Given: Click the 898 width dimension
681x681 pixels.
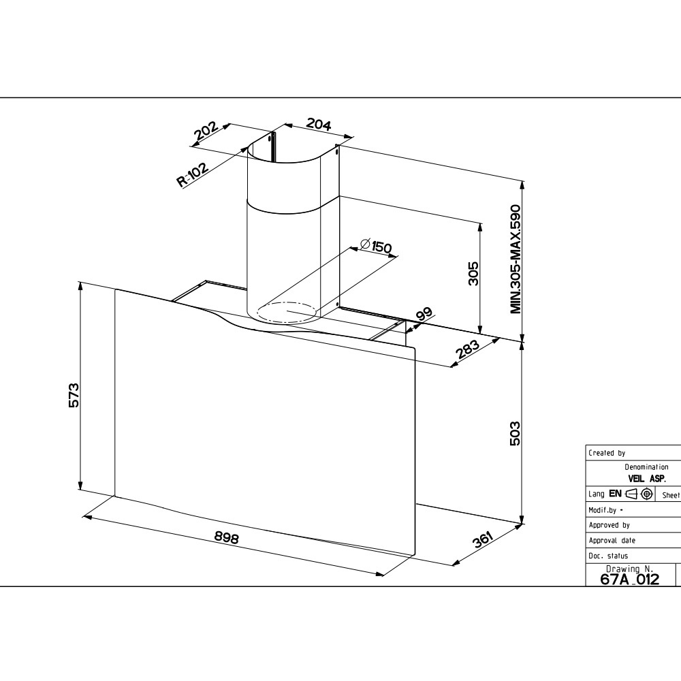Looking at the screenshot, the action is (227, 538).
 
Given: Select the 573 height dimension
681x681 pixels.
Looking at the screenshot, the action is (74, 395).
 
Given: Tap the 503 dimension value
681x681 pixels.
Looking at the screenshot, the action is (514, 433).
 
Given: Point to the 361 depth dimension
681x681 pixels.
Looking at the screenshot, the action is (483, 539).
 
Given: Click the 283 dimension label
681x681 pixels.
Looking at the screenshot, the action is (467, 349).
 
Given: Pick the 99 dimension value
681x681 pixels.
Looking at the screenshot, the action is (424, 314).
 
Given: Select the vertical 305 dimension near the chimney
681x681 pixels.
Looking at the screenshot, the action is (473, 273).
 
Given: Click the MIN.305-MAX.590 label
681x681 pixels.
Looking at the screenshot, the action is (515, 259).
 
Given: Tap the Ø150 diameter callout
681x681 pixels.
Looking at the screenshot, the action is (376, 246).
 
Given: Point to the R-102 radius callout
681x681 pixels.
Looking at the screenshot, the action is (193, 174).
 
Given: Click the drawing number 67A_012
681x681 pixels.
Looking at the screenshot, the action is (629, 579).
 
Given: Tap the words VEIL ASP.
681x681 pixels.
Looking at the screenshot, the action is (647, 479).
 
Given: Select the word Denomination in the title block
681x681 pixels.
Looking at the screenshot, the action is (646, 467).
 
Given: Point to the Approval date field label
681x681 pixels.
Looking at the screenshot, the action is (612, 540).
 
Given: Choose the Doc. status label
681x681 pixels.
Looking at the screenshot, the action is (608, 556).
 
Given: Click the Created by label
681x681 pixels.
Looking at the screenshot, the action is (607, 453).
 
